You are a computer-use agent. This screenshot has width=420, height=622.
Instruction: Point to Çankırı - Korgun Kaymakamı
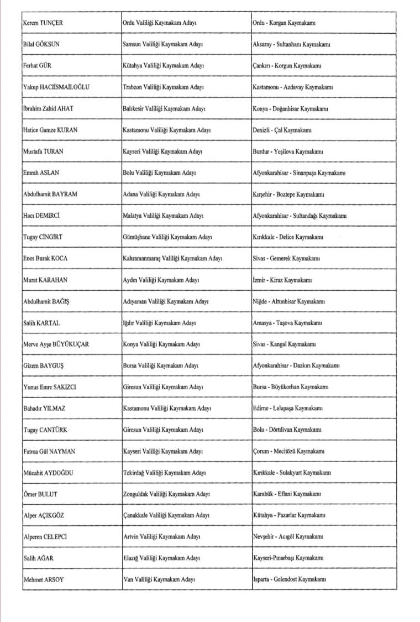[x=287, y=66]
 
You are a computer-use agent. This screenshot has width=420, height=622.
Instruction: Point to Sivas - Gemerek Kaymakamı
[x=287, y=259]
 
